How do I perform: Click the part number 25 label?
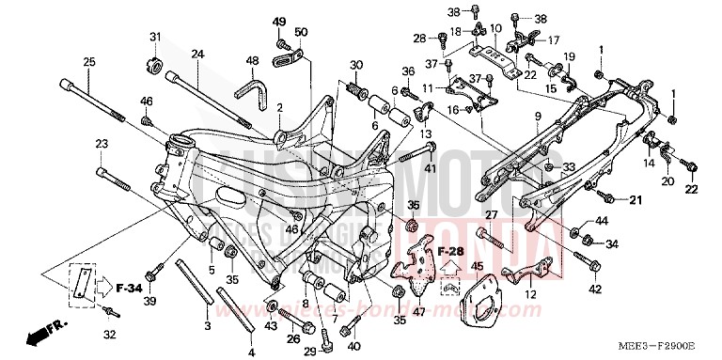(x=89, y=62)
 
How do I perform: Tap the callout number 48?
(x=252, y=61)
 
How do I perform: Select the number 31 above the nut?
(x=155, y=37)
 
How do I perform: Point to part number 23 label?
(x=101, y=144)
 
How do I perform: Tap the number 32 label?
(x=109, y=334)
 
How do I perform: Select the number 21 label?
(x=635, y=199)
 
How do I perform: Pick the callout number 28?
(x=419, y=38)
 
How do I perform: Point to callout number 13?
(x=427, y=134)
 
